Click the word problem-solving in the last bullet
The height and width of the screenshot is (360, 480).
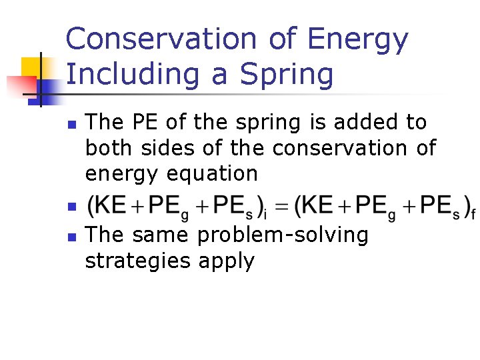tap(283, 235)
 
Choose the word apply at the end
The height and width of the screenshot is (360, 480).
tap(227, 261)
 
